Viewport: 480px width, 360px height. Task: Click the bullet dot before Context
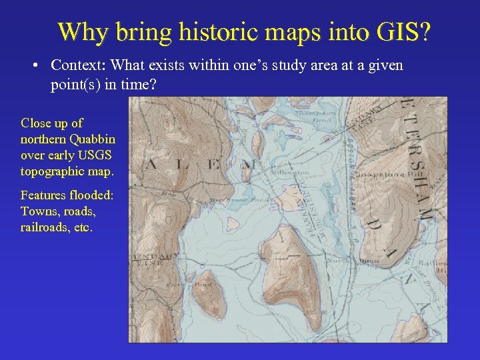tap(35, 66)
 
